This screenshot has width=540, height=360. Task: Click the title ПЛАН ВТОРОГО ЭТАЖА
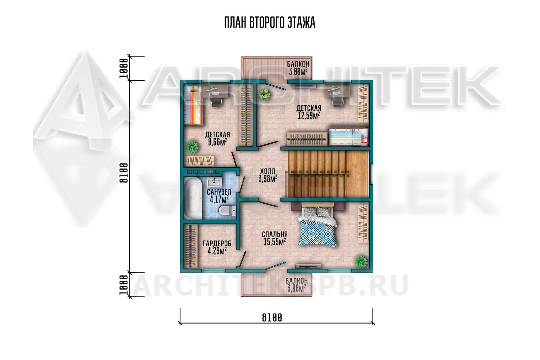tap(270, 23)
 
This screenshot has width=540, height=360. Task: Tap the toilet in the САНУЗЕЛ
tap(227, 211)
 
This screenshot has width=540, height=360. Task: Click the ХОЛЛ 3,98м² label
tap(267, 175)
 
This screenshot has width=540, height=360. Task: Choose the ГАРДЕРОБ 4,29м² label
tap(217, 247)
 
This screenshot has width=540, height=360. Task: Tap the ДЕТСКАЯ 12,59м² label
tap(309, 112)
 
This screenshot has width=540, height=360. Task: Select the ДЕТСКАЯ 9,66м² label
tap(217, 139)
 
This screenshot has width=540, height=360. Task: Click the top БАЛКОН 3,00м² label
tap(298, 68)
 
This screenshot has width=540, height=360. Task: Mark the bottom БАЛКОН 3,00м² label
tap(297, 285)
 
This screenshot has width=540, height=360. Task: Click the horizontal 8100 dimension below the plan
tap(272, 318)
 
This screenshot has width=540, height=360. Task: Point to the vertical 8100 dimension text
tap(124, 173)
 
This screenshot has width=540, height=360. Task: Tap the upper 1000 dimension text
tap(124, 68)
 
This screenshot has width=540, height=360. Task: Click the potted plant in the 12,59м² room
tap(264, 95)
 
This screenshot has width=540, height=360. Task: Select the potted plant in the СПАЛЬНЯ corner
tap(361, 261)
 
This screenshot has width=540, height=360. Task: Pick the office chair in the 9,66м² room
tap(217, 102)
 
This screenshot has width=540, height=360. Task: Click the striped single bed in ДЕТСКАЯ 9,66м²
tap(193, 105)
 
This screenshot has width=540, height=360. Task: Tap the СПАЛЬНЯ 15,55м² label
tap(275, 238)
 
